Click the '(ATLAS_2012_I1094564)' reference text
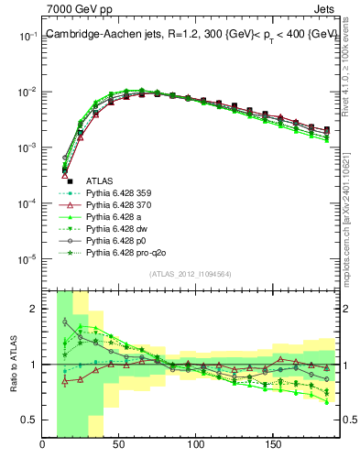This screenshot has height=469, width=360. (x=190, y=274)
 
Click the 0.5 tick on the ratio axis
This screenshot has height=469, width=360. (x=29, y=420)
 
